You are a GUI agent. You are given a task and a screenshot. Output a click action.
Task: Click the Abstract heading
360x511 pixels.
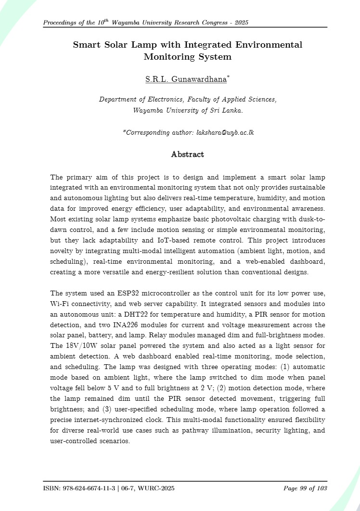188,154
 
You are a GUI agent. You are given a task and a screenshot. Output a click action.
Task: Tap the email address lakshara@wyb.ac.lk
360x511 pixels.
225,132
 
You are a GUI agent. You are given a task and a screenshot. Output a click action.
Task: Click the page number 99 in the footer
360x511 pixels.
304,488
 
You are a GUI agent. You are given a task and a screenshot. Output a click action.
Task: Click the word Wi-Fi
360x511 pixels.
60,304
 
